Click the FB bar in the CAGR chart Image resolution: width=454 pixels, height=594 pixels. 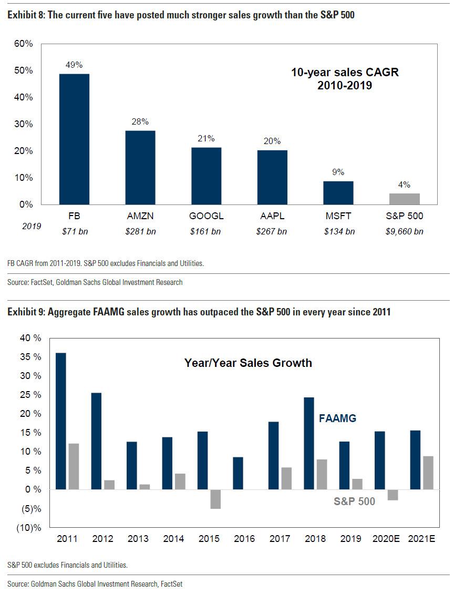74,139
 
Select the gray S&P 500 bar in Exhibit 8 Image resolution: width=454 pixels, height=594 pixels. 404,199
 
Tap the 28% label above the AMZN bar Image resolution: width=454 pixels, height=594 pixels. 140,121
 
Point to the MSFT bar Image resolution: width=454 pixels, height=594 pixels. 338,192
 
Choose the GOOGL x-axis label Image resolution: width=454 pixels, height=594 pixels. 206,216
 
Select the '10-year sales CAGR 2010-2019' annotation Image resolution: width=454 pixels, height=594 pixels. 345,79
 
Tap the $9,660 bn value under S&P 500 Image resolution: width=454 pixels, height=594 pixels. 404,231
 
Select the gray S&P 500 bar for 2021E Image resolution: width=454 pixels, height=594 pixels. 428,473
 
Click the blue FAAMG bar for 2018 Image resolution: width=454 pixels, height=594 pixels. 309,443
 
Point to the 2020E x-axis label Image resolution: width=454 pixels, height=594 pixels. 386,539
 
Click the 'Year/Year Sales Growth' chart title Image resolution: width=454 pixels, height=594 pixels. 248,363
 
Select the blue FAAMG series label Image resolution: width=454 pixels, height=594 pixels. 338,418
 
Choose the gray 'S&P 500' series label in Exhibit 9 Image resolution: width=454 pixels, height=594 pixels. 354,501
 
